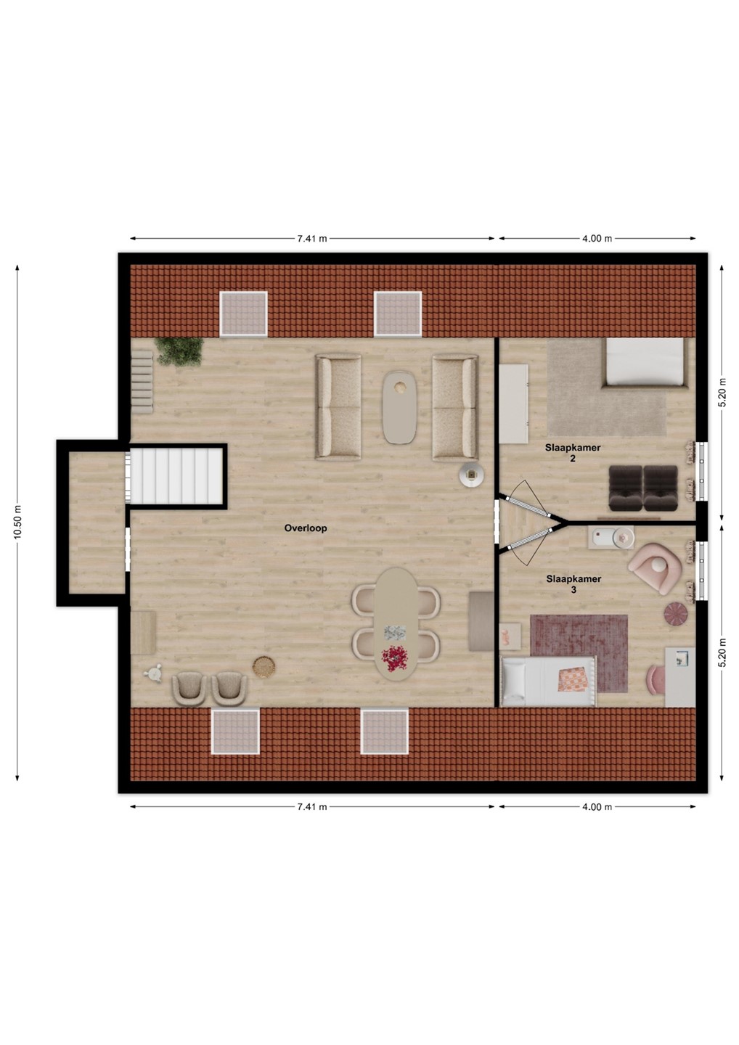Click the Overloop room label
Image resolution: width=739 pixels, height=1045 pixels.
[x=306, y=528]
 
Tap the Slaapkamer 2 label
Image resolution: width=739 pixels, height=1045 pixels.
[x=573, y=453]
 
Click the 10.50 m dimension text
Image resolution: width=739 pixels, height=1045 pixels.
[x=17, y=522]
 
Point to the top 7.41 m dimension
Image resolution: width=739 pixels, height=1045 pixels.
[x=312, y=238]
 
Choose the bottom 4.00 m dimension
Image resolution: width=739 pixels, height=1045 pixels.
[x=597, y=807]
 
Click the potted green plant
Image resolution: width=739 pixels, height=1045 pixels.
[x=179, y=351]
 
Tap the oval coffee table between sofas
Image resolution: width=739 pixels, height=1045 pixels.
[x=399, y=407]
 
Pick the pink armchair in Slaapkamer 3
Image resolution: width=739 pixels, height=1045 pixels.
[x=655, y=569]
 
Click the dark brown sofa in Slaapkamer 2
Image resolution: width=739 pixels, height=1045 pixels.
[x=643, y=488]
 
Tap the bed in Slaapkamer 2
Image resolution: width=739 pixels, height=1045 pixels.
[x=644, y=363]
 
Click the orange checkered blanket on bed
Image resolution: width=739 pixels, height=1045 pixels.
[x=573, y=679]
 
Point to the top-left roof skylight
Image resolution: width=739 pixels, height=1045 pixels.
[x=243, y=313]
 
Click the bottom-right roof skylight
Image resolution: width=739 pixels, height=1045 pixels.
[x=385, y=731]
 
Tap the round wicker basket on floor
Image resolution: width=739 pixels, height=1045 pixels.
[x=264, y=667]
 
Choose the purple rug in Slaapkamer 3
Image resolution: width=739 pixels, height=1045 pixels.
[x=579, y=653]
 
